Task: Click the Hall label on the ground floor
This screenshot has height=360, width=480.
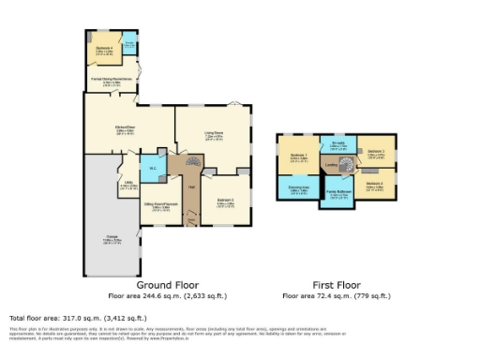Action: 190,188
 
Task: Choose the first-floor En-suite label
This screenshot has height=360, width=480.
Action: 338,144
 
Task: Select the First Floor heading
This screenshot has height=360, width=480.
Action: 337,284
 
